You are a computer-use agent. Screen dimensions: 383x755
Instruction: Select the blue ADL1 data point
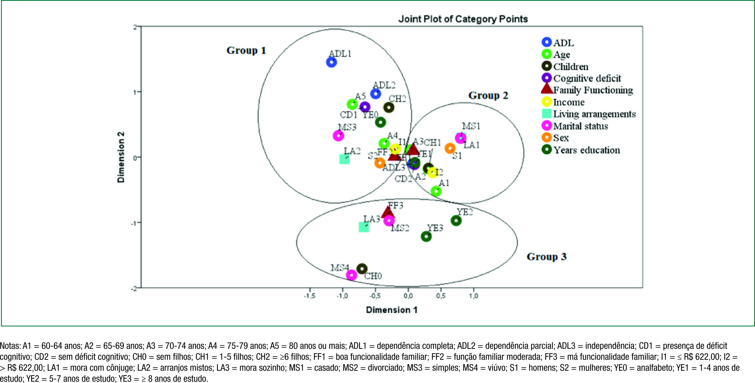pyautogui.click(x=332, y=62)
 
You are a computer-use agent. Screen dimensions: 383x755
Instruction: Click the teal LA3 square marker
pyautogui.click(x=364, y=227)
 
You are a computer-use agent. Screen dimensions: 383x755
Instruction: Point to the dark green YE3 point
pyautogui.click(x=426, y=236)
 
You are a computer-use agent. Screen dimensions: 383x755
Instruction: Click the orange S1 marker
pyautogui.click(x=450, y=148)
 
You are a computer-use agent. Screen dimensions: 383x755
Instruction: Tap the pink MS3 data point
pyautogui.click(x=338, y=136)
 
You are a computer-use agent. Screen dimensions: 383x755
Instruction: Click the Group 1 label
pyautogui.click(x=246, y=50)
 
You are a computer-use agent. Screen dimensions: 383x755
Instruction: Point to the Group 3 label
pyautogui.click(x=547, y=257)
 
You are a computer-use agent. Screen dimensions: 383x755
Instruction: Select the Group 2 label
pyautogui.click(x=488, y=96)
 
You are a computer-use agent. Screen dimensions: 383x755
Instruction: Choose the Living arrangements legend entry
pyautogui.click(x=594, y=114)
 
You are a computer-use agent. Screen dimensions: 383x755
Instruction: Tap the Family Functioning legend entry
pyautogui.click(x=593, y=90)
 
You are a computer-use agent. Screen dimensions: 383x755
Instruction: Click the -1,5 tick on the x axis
pyautogui.click(x=309, y=296)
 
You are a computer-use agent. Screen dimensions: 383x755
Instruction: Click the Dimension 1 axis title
pyautogui.click(x=392, y=310)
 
